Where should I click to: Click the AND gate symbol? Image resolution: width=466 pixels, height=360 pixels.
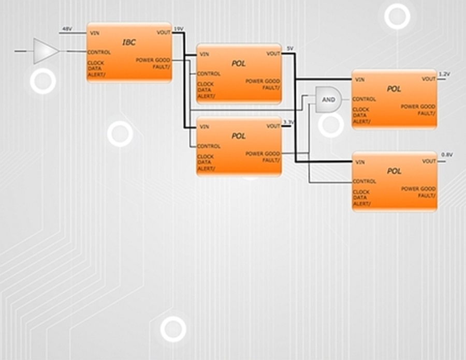coord(328,99)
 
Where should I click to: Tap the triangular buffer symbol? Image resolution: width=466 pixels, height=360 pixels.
coord(45,51)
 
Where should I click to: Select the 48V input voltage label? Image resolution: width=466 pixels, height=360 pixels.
coord(67,29)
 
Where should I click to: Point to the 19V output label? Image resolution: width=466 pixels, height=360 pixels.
coord(178,29)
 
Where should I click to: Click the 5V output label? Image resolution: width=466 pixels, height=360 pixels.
coord(290,49)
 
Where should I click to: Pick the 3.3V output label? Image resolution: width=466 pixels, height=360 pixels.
coord(288,122)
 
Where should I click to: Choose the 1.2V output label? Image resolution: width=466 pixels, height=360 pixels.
coord(445,74)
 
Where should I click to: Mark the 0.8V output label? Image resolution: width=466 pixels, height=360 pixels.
coord(447,155)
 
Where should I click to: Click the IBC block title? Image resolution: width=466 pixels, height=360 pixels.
coord(129,42)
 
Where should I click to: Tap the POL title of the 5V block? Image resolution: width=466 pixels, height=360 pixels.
coord(238,64)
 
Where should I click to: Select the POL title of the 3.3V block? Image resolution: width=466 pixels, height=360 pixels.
coord(238,136)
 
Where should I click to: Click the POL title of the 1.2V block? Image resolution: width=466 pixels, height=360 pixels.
coord(394,89)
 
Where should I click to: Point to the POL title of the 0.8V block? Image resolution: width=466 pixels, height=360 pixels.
coord(394,171)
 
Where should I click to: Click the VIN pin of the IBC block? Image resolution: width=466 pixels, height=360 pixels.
coord(95,33)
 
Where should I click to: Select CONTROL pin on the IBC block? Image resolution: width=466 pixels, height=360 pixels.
coord(99,52)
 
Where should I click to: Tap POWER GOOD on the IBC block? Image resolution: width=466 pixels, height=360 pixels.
coord(153,60)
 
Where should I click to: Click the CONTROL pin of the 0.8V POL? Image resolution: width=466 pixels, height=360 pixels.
coord(365,182)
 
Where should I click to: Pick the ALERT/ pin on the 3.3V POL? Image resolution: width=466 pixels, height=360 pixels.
coord(206,169)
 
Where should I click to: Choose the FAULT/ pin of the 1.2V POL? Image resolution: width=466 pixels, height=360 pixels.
coord(427,113)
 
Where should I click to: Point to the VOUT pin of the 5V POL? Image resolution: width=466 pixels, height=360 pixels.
coord(273,54)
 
